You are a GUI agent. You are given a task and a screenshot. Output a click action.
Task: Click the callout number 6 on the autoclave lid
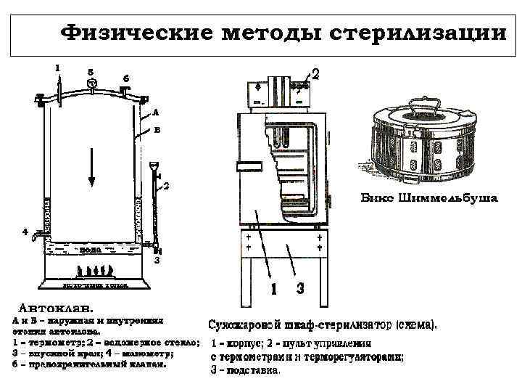[126, 78]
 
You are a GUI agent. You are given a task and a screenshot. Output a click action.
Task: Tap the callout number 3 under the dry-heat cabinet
[299, 289]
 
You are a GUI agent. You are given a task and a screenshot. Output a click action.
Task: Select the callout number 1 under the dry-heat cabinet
[273, 289]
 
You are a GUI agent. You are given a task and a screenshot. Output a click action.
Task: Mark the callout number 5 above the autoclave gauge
[90, 71]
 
